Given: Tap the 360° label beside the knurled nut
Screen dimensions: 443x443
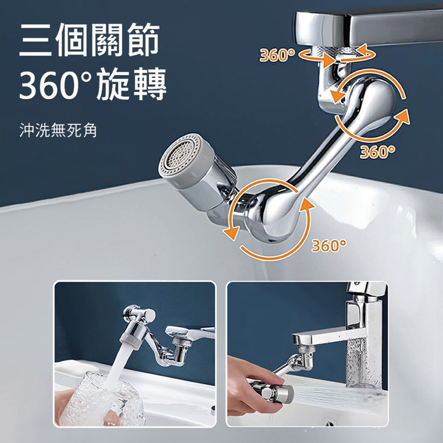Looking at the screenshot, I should click(x=277, y=55).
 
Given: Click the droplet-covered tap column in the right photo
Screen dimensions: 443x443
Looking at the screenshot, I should click(x=361, y=350).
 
